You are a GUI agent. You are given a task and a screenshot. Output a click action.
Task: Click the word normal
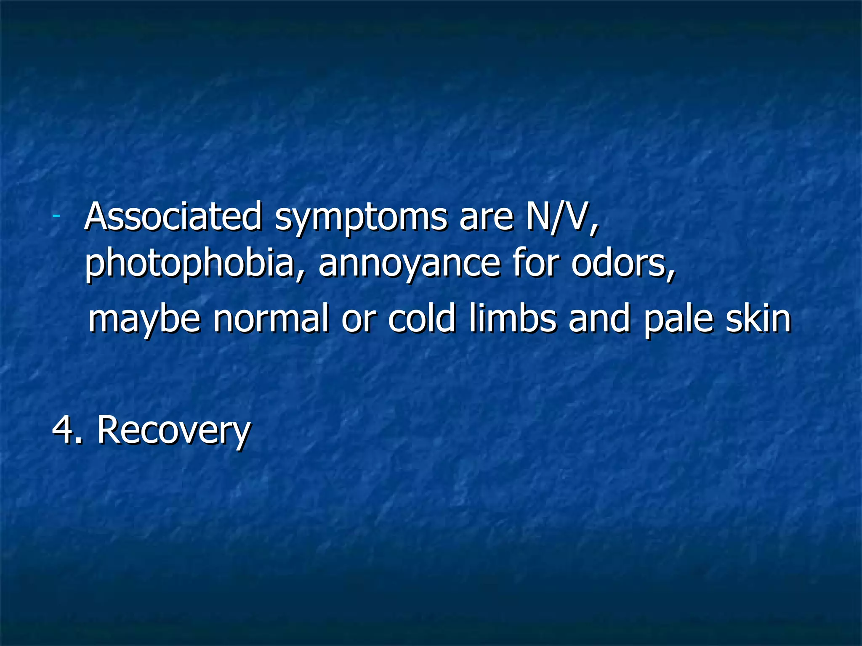pos(271,318)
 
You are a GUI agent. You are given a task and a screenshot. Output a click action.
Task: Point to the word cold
pos(421,318)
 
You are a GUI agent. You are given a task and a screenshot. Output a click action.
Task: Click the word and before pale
pos(599,318)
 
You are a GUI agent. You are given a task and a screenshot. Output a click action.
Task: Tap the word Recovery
pos(174,431)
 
